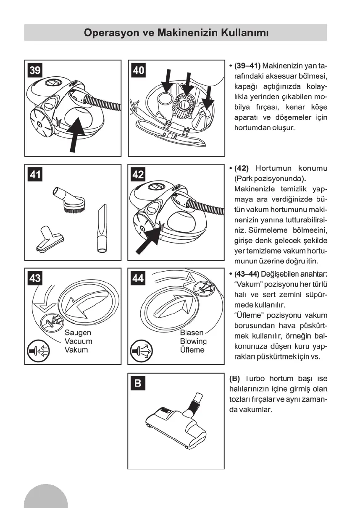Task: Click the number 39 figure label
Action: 35,70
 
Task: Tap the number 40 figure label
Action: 139,70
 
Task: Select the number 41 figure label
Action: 35,173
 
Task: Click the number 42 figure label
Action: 139,173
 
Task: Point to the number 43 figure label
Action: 35,278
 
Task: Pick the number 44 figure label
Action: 139,278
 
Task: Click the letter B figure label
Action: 139,383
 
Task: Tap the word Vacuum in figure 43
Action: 78,342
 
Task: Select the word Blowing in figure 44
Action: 193,341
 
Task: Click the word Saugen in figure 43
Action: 78,333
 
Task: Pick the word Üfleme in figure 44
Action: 192,350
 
